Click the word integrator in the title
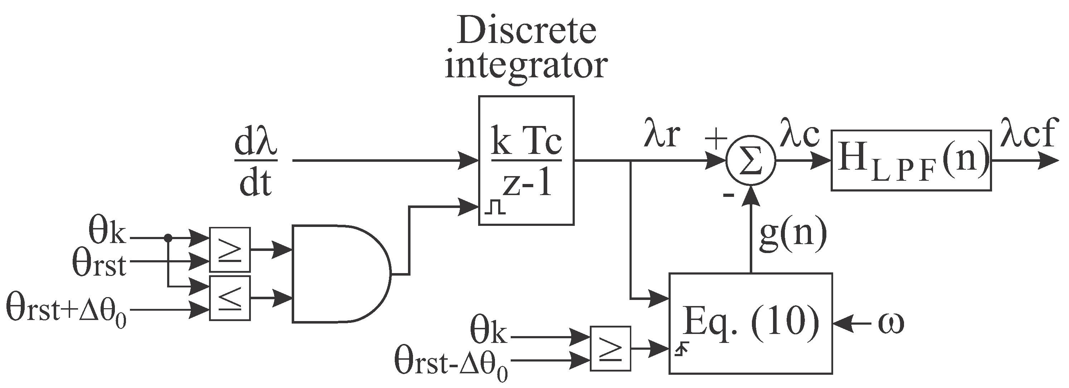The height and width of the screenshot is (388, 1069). (x=526, y=66)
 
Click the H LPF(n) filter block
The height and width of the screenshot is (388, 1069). (x=911, y=161)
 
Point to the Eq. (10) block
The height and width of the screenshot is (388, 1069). (x=750, y=323)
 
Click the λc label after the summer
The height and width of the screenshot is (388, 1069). (x=799, y=134)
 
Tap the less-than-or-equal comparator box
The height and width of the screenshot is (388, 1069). (x=229, y=298)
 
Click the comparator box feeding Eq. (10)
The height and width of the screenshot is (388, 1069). (x=610, y=348)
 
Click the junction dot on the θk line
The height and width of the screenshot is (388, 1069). (x=168, y=238)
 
